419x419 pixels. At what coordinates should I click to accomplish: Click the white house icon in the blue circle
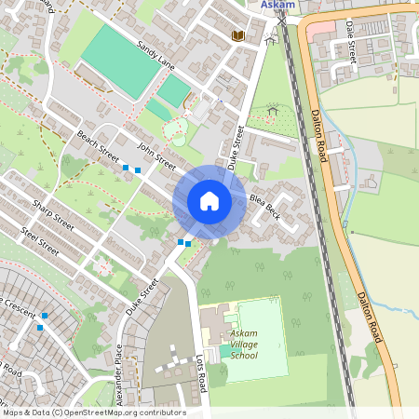209,201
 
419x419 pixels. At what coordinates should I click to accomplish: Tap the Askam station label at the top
278,5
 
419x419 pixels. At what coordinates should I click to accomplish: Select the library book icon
238,35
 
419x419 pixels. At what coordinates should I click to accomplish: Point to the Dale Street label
351,45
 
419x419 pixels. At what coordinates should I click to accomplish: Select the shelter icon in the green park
273,110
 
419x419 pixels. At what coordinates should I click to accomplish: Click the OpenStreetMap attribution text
93,412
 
